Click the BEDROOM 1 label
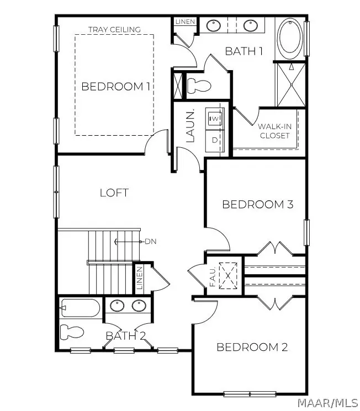click(x=116, y=87)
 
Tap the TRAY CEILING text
click(x=114, y=29)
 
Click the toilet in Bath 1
click(x=199, y=86)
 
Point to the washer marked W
click(x=215, y=118)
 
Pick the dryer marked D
click(x=215, y=141)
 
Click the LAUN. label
click(x=190, y=126)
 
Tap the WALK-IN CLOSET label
click(x=275, y=131)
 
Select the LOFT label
click(x=114, y=193)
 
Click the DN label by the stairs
click(x=151, y=241)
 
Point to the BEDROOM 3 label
click(x=257, y=205)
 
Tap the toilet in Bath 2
click(x=72, y=332)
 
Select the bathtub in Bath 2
click(x=80, y=308)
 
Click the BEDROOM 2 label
click(x=252, y=347)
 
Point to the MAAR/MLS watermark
click(x=328, y=402)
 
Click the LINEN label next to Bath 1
click(x=186, y=22)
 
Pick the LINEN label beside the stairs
click(x=140, y=277)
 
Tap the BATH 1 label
click(x=243, y=51)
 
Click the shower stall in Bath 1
click(x=291, y=84)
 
